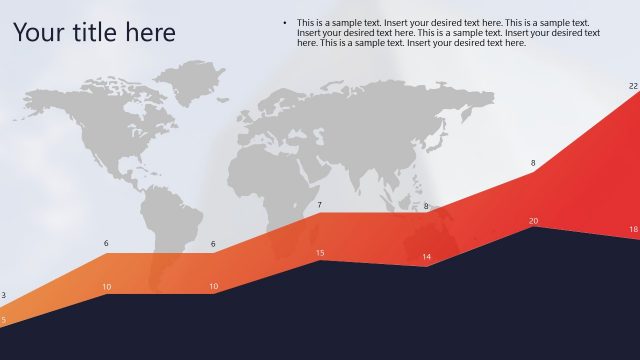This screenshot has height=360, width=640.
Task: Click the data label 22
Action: pyautogui.click(x=633, y=86)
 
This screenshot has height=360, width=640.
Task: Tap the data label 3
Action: pyautogui.click(x=3, y=295)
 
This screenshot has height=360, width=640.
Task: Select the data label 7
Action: pyautogui.click(x=320, y=205)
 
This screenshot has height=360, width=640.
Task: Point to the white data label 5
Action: pyautogui.click(x=3, y=320)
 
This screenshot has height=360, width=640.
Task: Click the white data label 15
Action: pyautogui.click(x=320, y=253)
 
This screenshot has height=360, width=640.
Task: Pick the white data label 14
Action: pyautogui.click(x=426, y=257)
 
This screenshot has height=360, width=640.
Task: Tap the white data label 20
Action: pyautogui.click(x=533, y=221)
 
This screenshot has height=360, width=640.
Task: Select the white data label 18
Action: pyautogui.click(x=633, y=230)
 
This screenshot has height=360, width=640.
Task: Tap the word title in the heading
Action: pyautogui.click(x=93, y=33)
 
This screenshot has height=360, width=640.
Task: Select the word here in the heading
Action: pyautogui.click(x=151, y=33)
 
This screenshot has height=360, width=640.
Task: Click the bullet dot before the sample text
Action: pyautogui.click(x=286, y=22)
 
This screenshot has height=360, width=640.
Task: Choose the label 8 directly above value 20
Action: pyautogui.click(x=533, y=163)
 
